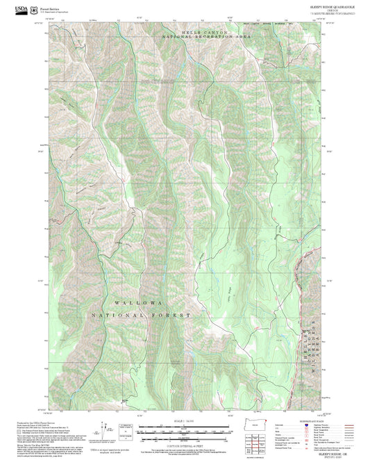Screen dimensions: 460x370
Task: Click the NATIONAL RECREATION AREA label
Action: point(205,37)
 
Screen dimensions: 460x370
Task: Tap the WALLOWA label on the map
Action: point(139,304)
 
